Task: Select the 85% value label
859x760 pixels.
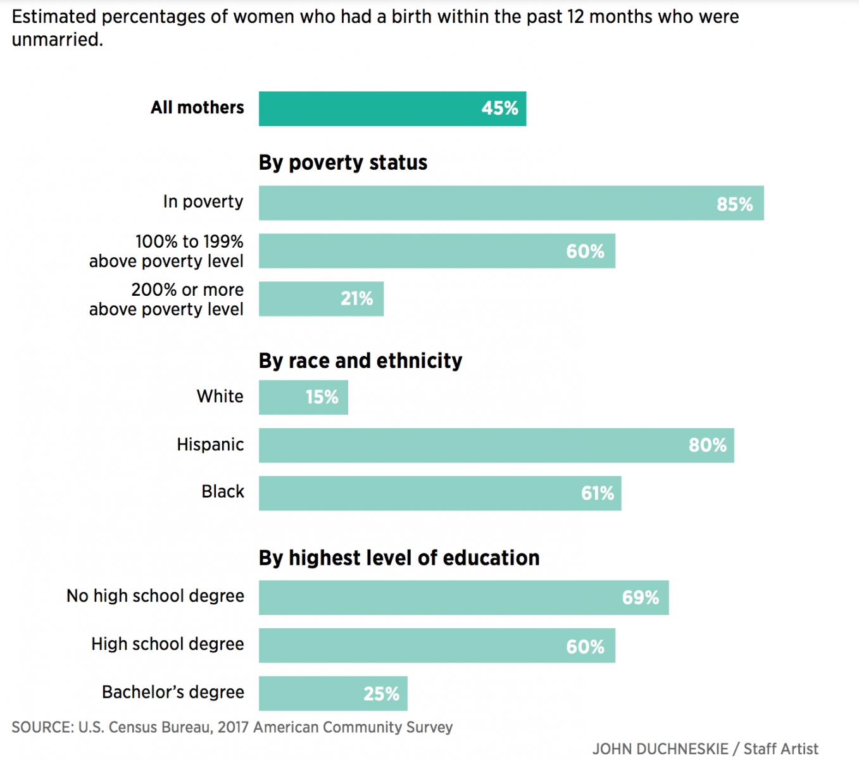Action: pyautogui.click(x=734, y=204)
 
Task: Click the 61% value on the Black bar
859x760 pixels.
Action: pyautogui.click(x=597, y=493)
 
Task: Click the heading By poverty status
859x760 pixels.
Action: pyautogui.click(x=342, y=163)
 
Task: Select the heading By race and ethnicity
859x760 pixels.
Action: pyautogui.click(x=360, y=361)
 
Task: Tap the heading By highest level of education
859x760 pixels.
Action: pyautogui.click(x=399, y=558)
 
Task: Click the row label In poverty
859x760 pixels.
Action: pyautogui.click(x=203, y=201)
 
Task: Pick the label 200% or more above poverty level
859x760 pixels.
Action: pyautogui.click(x=166, y=299)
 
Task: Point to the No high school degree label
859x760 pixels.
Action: pyautogui.click(x=155, y=596)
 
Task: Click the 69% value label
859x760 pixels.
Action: pyautogui.click(x=640, y=598)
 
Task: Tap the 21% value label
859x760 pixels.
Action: pyautogui.click(x=356, y=299)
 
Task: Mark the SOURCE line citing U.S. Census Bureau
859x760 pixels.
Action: pyautogui.click(x=232, y=727)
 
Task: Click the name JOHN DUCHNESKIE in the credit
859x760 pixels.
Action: pyautogui.click(x=660, y=749)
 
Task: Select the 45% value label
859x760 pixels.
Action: pyautogui.click(x=499, y=108)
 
